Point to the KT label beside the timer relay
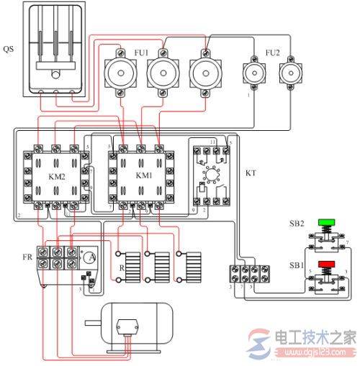251,174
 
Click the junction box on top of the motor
129,324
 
